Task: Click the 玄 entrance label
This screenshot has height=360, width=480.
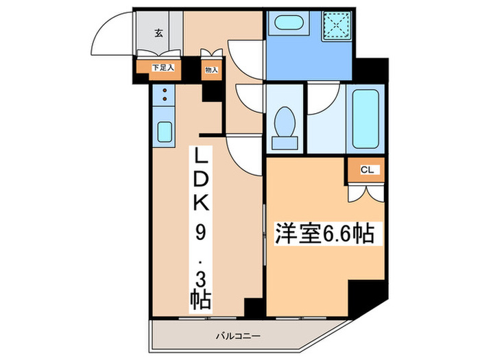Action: pos(158,32)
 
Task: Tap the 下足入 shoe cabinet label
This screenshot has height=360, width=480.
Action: pos(163,68)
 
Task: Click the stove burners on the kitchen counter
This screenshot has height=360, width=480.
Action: pos(165,97)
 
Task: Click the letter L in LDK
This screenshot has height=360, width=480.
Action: pos(202,157)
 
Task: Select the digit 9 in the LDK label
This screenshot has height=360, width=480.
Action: pos(202,232)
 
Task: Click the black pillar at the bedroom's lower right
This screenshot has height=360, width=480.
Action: pos(361,297)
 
